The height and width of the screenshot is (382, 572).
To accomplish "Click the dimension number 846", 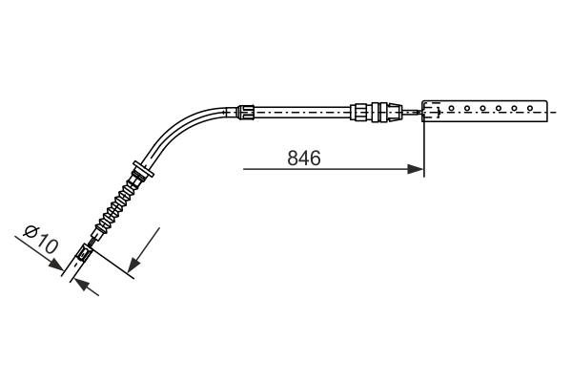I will coord(303,158).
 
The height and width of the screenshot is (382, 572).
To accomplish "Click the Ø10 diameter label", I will coord(41,241).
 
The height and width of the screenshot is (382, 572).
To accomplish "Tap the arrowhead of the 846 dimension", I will coord(416,170).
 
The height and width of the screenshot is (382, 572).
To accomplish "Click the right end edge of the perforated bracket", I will coord(550,112).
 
